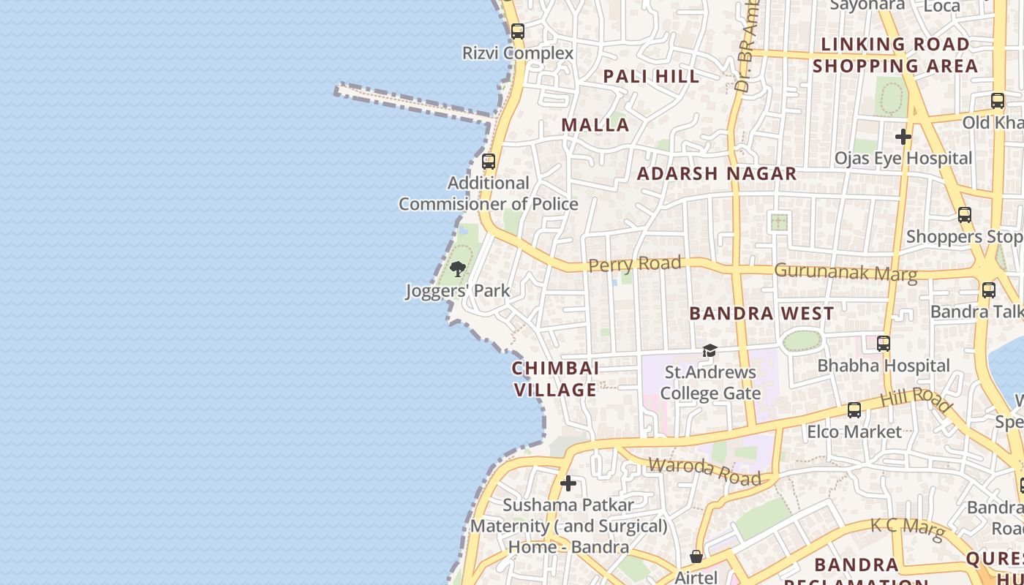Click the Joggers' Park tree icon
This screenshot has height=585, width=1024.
(458, 269)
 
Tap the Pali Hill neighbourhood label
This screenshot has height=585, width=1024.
(651, 76)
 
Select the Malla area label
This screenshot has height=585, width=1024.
(595, 125)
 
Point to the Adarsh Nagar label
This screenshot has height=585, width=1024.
(717, 174)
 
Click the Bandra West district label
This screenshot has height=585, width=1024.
(761, 314)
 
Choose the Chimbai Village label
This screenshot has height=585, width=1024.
(555, 379)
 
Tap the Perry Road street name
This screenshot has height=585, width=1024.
(635, 264)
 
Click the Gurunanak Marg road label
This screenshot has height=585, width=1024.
(845, 272)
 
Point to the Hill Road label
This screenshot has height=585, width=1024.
(916, 400)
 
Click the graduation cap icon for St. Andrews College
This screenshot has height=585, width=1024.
(709, 351)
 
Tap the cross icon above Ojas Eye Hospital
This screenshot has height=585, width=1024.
(903, 137)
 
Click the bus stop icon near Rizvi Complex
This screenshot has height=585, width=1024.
(518, 31)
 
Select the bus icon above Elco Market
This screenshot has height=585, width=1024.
(854, 410)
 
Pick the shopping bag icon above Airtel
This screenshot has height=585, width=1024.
(696, 557)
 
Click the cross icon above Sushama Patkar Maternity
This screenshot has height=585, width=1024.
(568, 483)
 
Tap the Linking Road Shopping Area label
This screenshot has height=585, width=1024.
(895, 55)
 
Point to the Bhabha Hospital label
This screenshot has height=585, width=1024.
(884, 366)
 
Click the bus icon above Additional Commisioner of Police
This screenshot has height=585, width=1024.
(489, 162)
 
